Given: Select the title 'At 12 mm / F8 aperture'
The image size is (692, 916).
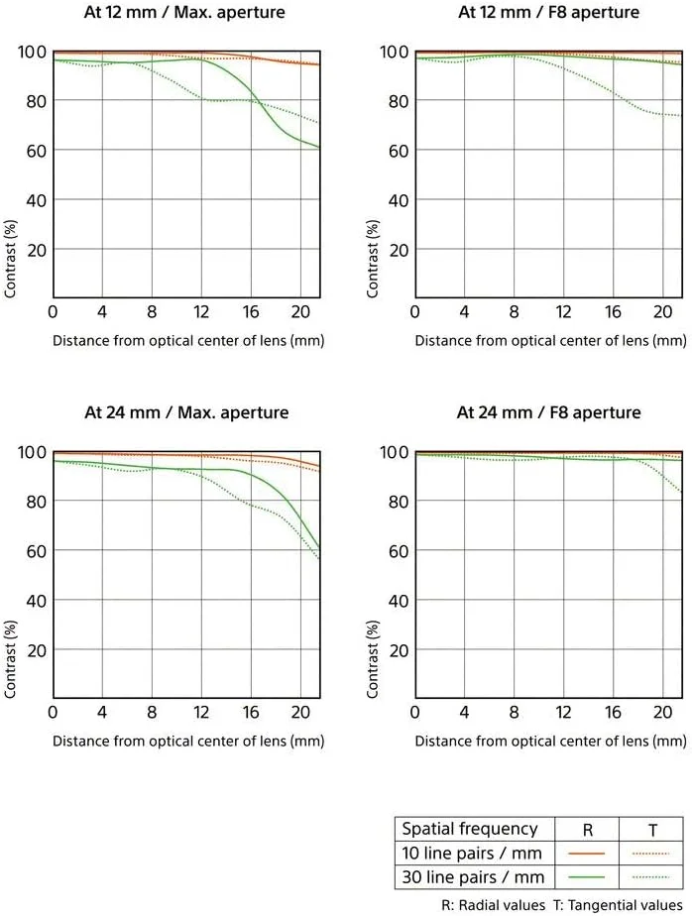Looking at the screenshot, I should [548, 13].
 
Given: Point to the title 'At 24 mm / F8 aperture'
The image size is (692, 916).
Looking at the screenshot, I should [548, 412].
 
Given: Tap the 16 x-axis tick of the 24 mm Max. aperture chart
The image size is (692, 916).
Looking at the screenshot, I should [251, 713].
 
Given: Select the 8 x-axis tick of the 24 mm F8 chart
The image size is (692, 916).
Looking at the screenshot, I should [514, 713].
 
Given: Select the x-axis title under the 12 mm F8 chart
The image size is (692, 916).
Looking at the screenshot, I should [549, 340].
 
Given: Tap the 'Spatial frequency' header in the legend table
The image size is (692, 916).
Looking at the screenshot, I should [468, 829].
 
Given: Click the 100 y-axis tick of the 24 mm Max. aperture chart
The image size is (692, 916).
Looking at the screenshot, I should [32, 452].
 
